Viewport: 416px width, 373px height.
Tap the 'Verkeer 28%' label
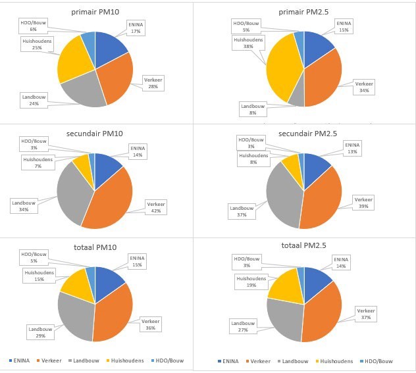pos(152,84)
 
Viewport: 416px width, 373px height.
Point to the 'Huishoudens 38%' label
pos(245,43)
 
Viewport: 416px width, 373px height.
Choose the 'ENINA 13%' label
pos(353,147)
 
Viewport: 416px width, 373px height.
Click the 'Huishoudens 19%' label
pos(247,282)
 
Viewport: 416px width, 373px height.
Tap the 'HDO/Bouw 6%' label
pos(32,26)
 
